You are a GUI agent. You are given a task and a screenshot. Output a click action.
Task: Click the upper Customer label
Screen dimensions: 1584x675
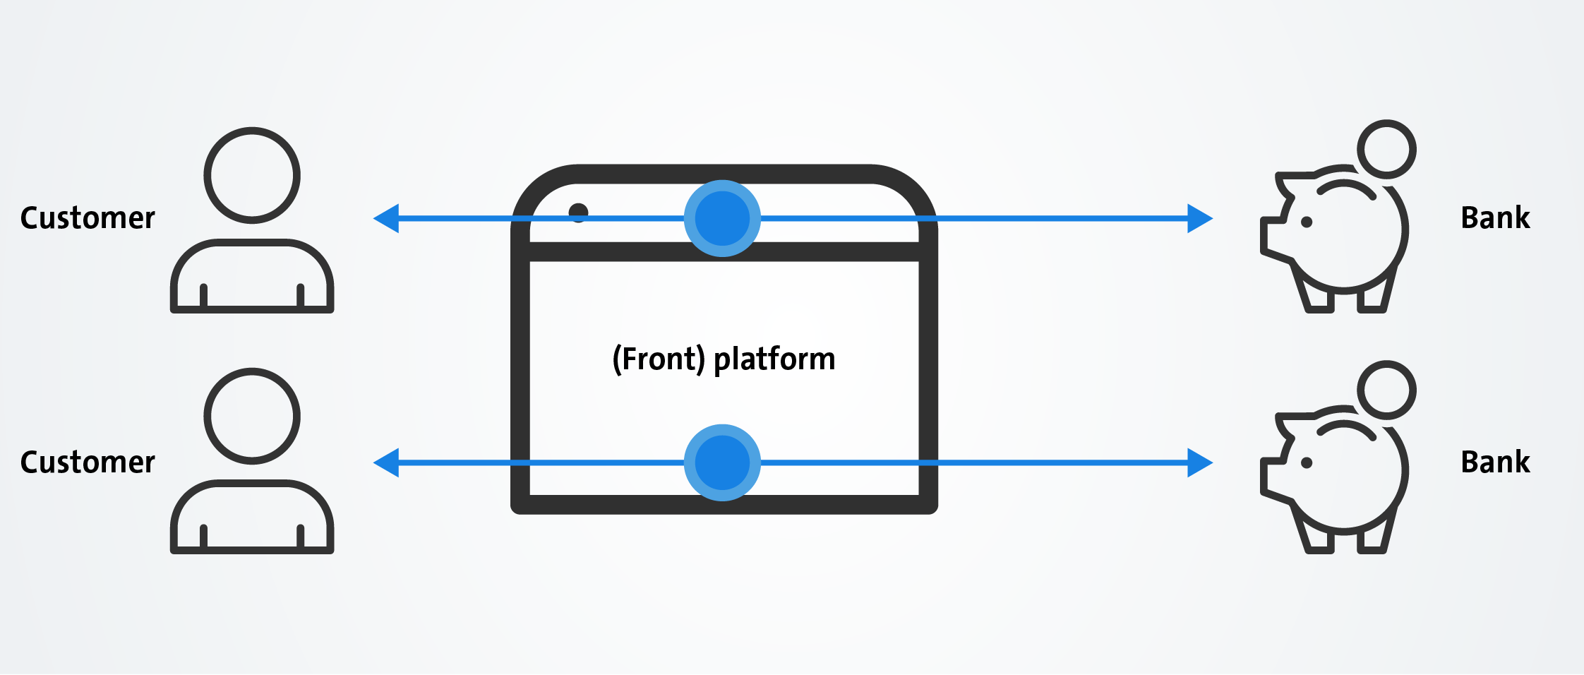88,218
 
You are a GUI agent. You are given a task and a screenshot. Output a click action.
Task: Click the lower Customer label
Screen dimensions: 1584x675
88,462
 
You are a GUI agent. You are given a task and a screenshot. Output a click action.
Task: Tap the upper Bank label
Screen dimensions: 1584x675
1495,217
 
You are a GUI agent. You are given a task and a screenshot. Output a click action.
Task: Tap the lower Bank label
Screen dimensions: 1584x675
1495,462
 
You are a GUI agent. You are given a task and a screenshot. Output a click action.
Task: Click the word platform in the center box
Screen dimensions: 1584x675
774,360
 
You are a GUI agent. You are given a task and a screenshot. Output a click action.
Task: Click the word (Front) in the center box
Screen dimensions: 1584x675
659,359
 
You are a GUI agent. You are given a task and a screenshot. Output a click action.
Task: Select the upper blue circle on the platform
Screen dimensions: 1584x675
722,218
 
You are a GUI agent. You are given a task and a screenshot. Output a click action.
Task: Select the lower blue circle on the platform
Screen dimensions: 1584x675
722,462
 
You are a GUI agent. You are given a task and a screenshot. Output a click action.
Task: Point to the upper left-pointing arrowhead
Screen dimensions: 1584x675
386,218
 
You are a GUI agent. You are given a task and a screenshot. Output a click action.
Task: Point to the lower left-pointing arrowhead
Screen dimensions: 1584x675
386,462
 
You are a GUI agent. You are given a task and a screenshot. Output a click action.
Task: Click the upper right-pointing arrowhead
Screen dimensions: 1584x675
1200,218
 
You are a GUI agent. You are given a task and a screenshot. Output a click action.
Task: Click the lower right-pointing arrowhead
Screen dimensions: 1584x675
1200,462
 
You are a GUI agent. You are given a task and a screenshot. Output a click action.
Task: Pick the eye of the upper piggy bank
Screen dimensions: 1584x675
1307,222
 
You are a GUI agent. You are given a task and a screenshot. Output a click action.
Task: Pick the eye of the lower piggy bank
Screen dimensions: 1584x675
1307,463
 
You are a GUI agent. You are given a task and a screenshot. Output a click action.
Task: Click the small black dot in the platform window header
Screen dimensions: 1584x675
578,212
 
